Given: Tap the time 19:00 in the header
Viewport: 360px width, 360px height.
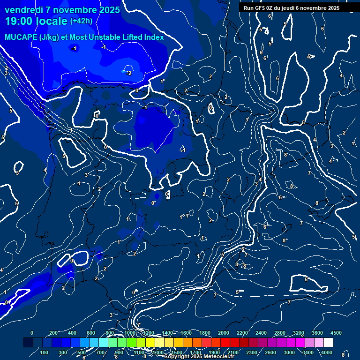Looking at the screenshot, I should point(18,22).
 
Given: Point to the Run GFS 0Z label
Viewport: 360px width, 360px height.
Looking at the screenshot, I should point(263,8).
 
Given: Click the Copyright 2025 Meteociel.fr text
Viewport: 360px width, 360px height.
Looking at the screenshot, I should point(199,357).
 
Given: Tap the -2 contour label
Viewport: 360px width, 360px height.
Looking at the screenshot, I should point(129,73).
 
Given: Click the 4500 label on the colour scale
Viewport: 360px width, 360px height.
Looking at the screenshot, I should point(336,333).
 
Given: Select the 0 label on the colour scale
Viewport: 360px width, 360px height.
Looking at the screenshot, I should point(32,333).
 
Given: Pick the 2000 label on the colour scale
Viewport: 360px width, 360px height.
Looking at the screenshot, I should point(224,333).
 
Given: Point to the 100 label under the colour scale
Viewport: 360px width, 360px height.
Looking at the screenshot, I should point(45,352).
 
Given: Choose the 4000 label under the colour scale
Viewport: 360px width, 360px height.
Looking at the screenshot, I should point(327,352).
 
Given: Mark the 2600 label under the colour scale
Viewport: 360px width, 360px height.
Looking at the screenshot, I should point(270,352).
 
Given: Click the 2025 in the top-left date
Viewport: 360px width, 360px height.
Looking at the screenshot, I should point(109,10).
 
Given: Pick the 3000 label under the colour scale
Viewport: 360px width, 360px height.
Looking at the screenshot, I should point(289,352).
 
